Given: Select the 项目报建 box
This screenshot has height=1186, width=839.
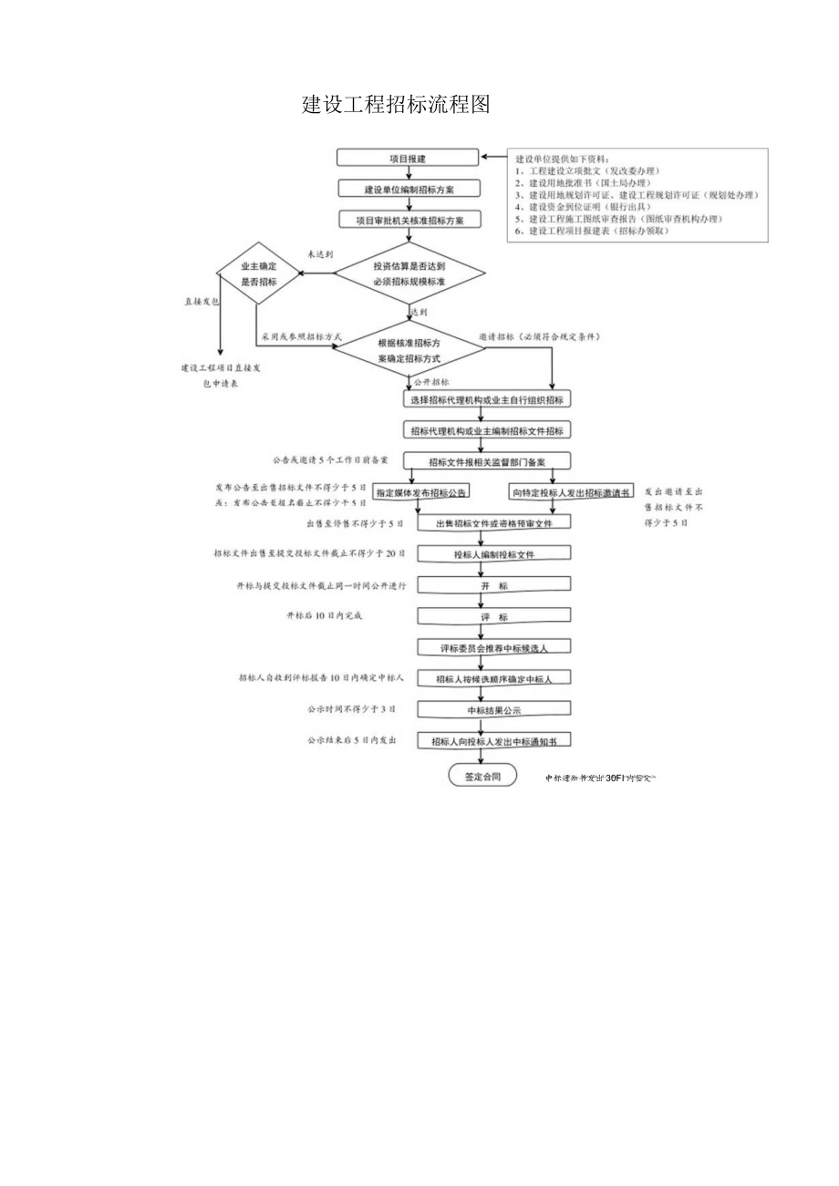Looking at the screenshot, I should pos(407,158).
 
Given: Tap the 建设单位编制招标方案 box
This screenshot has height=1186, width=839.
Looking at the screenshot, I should pos(409,189).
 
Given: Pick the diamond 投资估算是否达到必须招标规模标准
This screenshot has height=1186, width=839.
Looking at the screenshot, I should pos(409,273).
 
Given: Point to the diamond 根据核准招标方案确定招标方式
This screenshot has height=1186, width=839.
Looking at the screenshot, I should pos(408,350).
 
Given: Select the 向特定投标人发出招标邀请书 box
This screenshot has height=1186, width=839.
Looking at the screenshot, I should pos(571,492).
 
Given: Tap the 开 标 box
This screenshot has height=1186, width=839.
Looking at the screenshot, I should pos(494,585).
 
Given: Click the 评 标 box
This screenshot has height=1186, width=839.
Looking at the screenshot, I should pos(494,616).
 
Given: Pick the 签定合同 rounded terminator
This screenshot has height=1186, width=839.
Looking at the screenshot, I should pos(482,777).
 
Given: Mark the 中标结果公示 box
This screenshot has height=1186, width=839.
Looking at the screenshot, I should pos(494,709).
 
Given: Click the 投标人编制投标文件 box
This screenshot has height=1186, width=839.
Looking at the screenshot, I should pos(494,554).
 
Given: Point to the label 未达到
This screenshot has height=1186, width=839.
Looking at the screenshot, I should pos(319,255).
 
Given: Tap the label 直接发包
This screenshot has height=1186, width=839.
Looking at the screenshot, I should pos(202,301).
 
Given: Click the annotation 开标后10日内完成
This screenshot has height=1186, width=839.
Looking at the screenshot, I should pos(324,616).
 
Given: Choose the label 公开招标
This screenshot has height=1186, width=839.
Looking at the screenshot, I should pos(431,381).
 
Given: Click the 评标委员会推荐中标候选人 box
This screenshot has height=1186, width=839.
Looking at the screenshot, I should pos(494,647).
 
